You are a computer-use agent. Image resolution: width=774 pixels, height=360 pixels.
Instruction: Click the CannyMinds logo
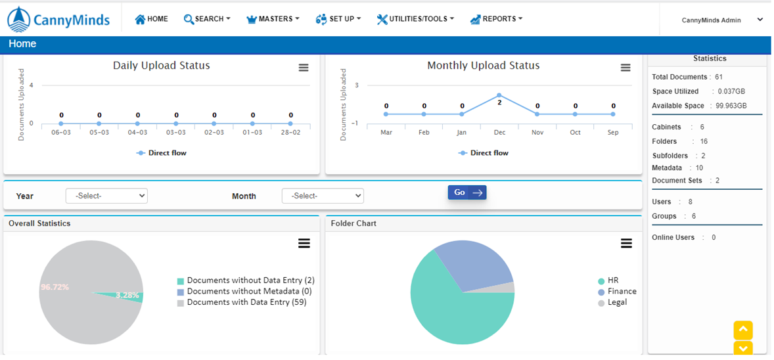click(x=58, y=20)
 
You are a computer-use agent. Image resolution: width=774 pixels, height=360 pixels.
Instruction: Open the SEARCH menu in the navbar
click(x=207, y=19)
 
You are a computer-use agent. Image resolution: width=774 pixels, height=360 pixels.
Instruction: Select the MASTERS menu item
click(x=273, y=19)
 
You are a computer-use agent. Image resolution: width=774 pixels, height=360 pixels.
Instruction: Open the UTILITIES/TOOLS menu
click(x=415, y=19)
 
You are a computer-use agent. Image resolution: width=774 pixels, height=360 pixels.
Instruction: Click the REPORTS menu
click(x=497, y=19)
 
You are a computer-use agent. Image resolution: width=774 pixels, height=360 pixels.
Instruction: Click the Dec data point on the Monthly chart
click(x=499, y=95)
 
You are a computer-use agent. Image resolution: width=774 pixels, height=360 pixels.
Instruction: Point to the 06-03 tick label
click(x=61, y=133)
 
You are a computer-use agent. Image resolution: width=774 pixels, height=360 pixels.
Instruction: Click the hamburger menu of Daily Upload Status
click(x=304, y=68)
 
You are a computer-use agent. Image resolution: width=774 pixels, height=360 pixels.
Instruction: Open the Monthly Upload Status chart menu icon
click(x=626, y=68)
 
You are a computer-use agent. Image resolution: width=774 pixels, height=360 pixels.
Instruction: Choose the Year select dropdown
click(x=106, y=196)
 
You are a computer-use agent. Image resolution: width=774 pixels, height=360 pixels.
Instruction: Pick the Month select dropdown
click(x=323, y=196)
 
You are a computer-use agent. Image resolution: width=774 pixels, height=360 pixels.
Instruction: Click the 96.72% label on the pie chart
click(x=55, y=287)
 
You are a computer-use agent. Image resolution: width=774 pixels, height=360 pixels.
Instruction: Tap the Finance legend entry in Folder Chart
click(x=622, y=292)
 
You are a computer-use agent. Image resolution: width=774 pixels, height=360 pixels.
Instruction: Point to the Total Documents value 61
click(x=719, y=78)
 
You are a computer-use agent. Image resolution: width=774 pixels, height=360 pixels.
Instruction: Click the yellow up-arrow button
click(x=742, y=329)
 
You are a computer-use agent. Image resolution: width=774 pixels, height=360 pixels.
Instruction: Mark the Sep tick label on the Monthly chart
click(x=613, y=133)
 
